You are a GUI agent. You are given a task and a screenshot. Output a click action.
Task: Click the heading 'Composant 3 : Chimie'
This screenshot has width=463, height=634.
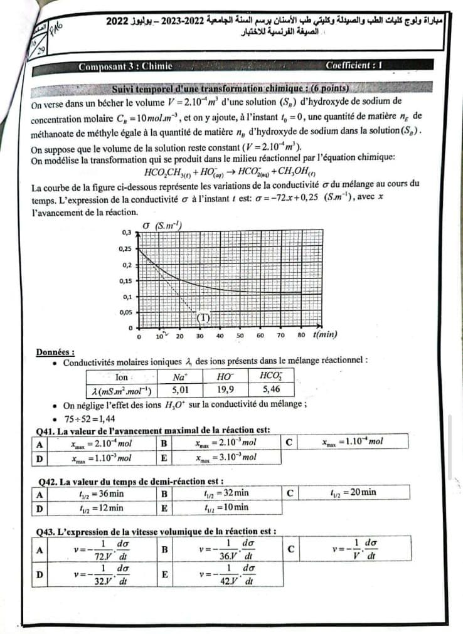point(121,66)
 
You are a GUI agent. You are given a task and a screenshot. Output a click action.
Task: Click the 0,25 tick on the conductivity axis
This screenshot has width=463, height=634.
point(125,248)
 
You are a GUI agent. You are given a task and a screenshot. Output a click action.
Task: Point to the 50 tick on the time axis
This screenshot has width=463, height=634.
point(240,336)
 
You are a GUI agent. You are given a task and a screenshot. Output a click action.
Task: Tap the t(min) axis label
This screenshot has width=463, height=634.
point(325,334)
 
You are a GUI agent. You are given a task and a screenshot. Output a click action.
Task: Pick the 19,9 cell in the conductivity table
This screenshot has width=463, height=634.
point(225,389)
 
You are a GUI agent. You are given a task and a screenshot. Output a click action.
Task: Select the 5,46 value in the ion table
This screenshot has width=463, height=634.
point(272,389)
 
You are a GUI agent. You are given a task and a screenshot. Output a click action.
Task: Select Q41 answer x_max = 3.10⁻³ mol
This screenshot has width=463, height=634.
point(226,457)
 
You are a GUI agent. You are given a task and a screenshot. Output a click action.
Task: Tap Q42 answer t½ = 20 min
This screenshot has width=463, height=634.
point(353,492)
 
